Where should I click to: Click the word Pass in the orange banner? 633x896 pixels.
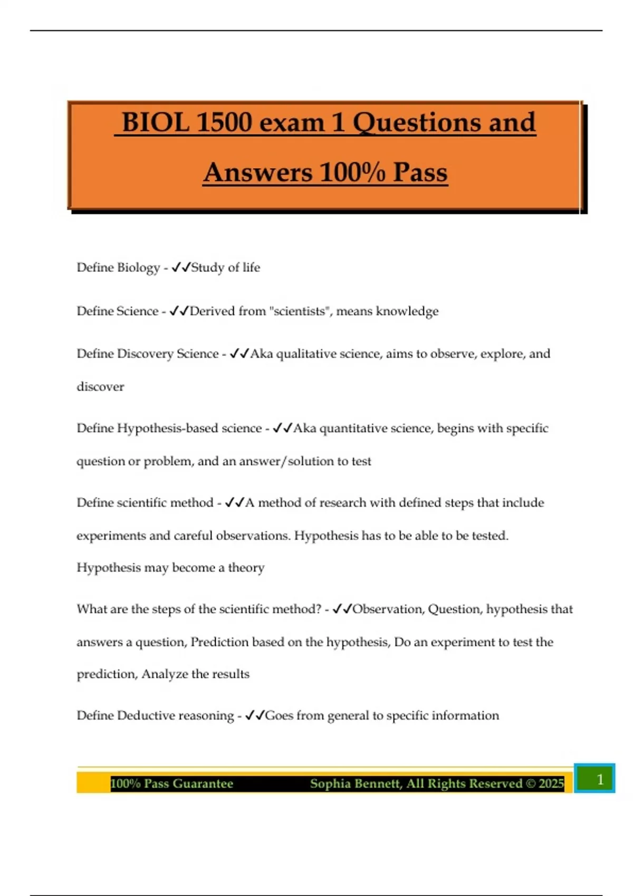420,173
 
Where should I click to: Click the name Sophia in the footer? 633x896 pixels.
331,784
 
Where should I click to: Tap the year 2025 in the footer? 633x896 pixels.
551,784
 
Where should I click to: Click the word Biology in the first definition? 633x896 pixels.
138,268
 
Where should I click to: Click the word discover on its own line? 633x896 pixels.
100,387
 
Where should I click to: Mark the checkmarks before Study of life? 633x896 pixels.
180,267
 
